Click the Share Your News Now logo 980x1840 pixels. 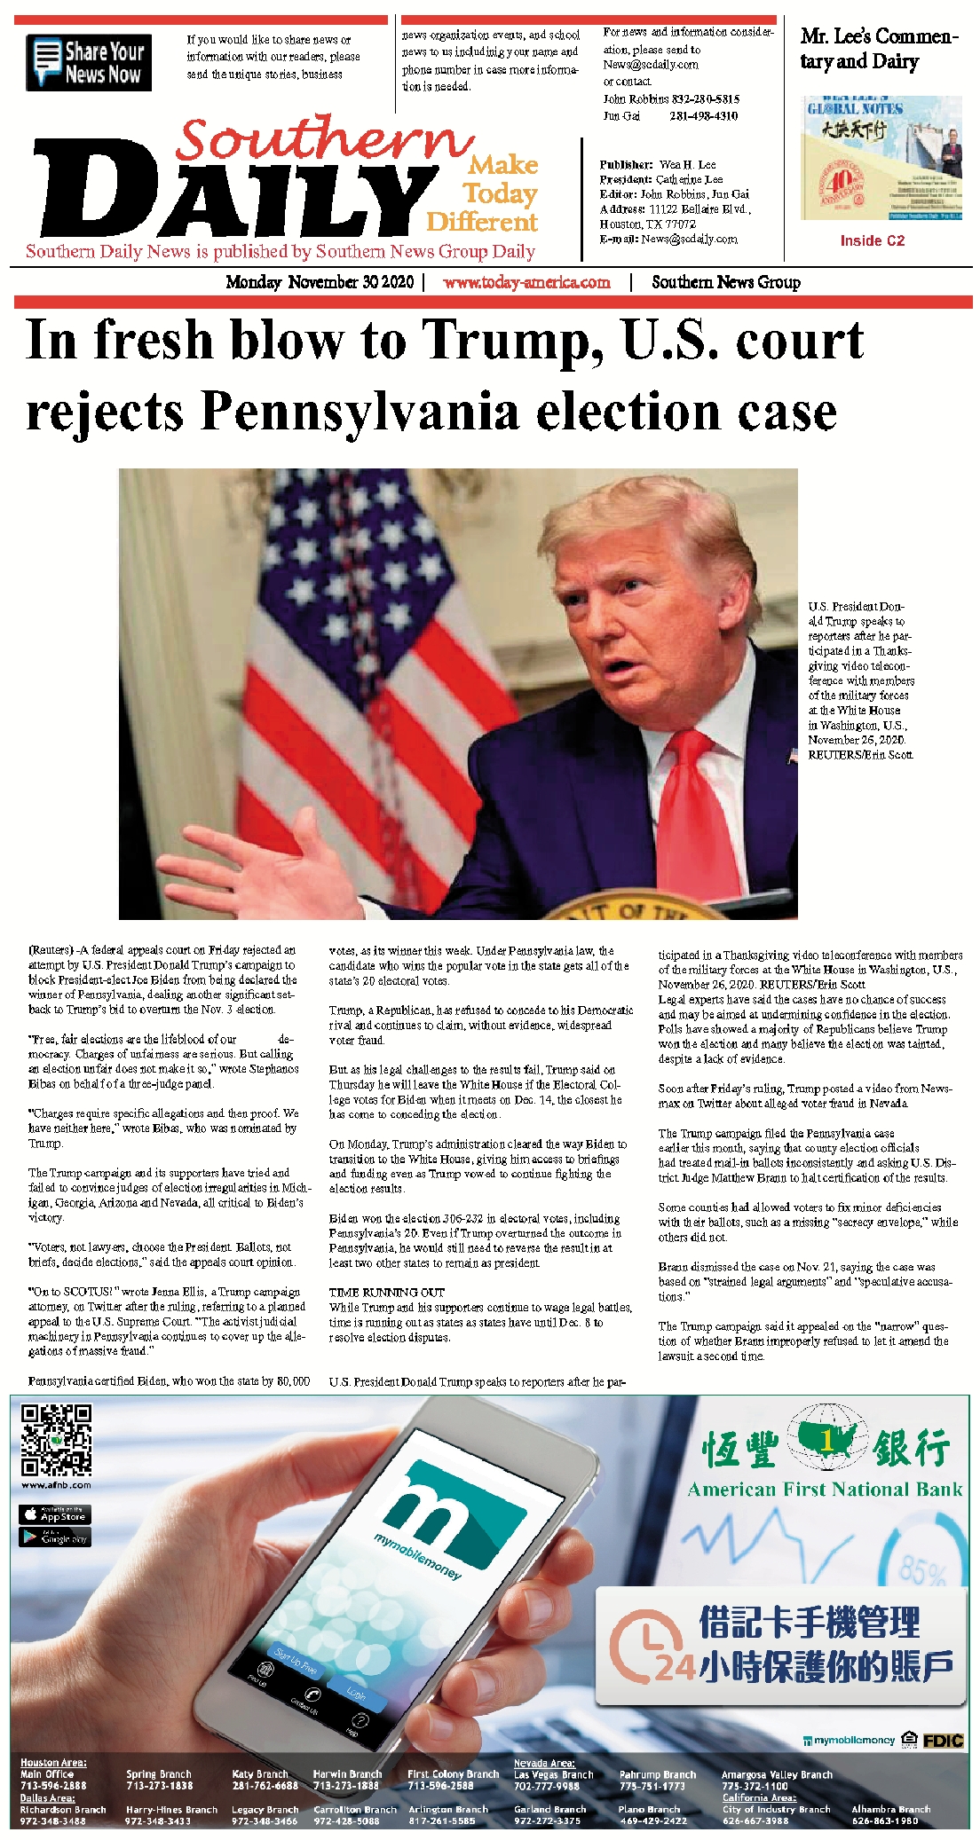89,62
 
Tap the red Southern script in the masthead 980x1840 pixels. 323,140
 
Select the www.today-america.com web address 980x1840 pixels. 526,282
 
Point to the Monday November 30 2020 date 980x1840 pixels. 320,282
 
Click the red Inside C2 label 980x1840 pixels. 872,240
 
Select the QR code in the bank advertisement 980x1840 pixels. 57,1439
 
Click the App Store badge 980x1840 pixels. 55,1514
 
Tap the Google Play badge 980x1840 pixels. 55,1537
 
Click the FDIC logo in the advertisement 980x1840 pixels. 943,1741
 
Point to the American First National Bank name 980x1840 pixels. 825,1490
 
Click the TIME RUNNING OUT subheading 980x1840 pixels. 387,1292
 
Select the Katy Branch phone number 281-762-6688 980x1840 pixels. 265,1785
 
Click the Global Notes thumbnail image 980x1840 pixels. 881,158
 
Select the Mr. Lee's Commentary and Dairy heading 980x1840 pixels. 879,49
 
